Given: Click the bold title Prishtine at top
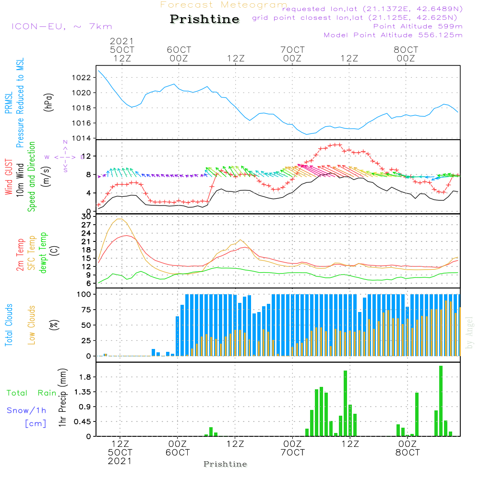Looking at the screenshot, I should [x=204, y=19].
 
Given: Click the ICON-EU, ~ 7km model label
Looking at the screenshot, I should [x=61, y=26].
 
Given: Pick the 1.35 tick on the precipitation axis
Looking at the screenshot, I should [x=83, y=392].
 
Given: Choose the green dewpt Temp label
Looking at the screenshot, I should [x=43, y=253].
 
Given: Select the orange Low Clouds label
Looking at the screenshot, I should [x=32, y=324].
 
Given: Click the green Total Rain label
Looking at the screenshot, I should [x=31, y=393].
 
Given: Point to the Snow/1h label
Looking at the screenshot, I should [x=26, y=410].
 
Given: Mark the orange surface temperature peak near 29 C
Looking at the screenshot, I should [x=119, y=219].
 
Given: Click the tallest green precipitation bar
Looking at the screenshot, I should [x=441, y=401].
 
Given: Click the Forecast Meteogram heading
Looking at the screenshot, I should [x=224, y=5].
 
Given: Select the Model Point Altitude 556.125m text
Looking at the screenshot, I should [x=393, y=35].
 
